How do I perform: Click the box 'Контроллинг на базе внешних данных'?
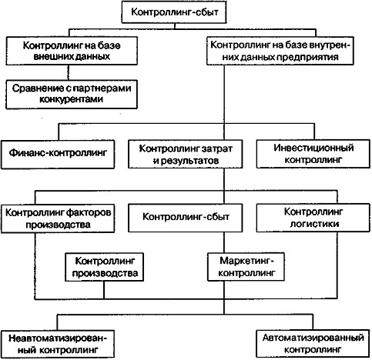coord(72,51)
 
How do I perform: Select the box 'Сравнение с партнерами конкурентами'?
coord(72,94)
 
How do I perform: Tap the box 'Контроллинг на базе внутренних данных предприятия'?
coord(280,51)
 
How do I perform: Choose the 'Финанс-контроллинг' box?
coord(58,155)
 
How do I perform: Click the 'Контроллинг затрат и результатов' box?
coord(186,154)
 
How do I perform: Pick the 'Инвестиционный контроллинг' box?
coord(313,154)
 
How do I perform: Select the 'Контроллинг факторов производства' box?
coord(58,218)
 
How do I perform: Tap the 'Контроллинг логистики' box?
coord(313,218)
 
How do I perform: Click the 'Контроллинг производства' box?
coord(104,267)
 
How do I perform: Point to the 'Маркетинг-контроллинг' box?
coord(246,267)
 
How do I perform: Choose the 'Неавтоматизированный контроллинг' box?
coord(58,344)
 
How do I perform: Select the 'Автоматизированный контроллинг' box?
coord(313,344)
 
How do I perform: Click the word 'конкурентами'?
coord(72,99)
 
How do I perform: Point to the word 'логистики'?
coord(314,224)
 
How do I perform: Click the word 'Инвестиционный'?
coord(313,148)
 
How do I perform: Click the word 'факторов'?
coord(89,212)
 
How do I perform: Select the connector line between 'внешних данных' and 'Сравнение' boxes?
coord(69,72)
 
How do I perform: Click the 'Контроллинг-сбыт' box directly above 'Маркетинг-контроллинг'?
coord(186,218)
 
